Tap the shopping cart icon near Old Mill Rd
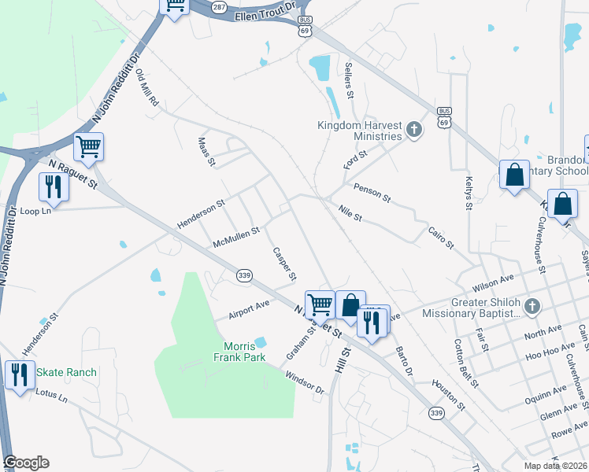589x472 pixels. coord(89,146)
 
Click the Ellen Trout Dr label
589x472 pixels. coord(264,11)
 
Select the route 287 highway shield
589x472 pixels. coord(219,6)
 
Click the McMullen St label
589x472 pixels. coord(236,238)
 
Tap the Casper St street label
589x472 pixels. coord(283,264)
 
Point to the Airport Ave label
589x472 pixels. coord(249,309)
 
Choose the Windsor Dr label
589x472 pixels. coord(304,383)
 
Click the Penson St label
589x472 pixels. coord(372,193)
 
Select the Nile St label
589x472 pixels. coord(349,212)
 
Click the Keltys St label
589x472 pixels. coord(468,194)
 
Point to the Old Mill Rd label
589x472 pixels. coord(147,87)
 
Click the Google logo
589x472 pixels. coord(26,463)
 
